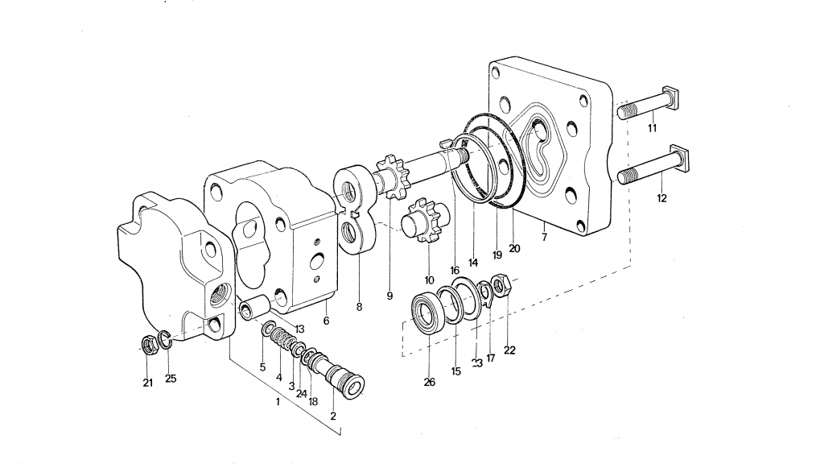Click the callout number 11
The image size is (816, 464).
pyautogui.click(x=652, y=128)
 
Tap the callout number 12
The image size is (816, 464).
pyautogui.click(x=662, y=198)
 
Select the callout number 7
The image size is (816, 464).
pyautogui.click(x=544, y=238)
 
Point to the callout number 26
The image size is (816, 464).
pyautogui.click(x=430, y=383)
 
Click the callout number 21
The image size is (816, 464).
pyautogui.click(x=148, y=383)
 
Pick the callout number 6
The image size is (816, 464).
pyautogui.click(x=326, y=321)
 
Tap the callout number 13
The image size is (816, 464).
pyautogui.click(x=299, y=329)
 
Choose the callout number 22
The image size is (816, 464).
pyautogui.click(x=509, y=350)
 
